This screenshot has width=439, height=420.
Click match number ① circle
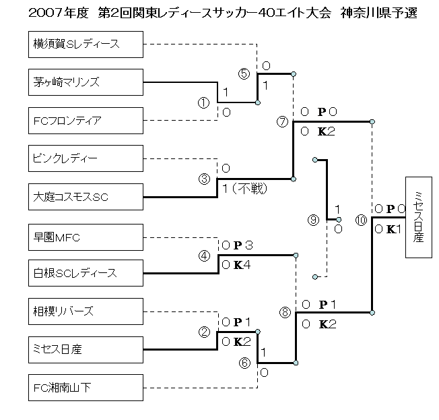pos(203,102)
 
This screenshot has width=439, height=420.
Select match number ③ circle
pos(205,179)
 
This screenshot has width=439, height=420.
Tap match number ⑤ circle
pos(244,73)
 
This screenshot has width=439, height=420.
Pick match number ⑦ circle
pos(283,122)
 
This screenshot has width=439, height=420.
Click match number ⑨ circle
pos(312,219)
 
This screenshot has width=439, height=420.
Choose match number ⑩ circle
pos(361,219)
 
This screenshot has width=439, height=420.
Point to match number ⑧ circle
pos(285,312)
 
